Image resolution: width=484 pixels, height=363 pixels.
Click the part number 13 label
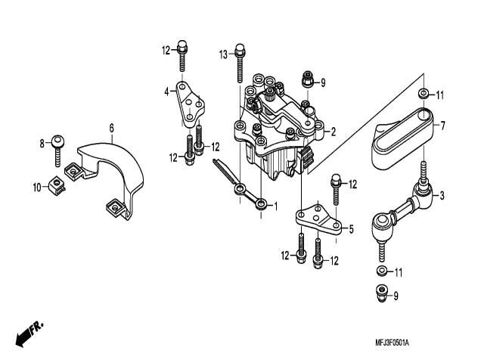[223, 54]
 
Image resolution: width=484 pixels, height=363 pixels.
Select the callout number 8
[42, 141]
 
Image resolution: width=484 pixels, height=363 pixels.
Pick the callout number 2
[332, 131]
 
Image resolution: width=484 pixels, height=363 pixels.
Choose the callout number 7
[442, 125]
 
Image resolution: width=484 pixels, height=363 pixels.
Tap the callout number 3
[442, 197]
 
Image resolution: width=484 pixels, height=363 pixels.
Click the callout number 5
[350, 228]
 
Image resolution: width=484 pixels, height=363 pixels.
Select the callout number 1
[276, 205]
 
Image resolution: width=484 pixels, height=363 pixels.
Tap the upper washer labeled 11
[423, 95]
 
